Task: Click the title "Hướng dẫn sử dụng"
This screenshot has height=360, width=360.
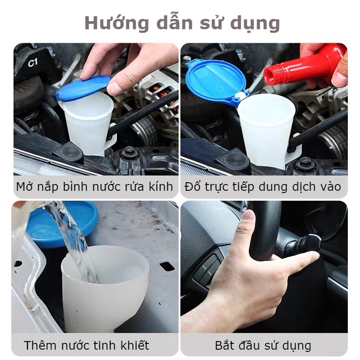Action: point(182,23)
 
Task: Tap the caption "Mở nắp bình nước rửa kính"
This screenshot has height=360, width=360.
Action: point(94,187)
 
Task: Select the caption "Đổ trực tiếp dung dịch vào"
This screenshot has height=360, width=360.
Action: point(263,187)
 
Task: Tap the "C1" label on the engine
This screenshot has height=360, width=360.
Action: point(33,63)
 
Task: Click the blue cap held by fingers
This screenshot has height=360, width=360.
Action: point(83,88)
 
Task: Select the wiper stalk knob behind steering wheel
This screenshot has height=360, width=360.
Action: point(310,243)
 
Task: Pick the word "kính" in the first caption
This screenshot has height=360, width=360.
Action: point(160,187)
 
